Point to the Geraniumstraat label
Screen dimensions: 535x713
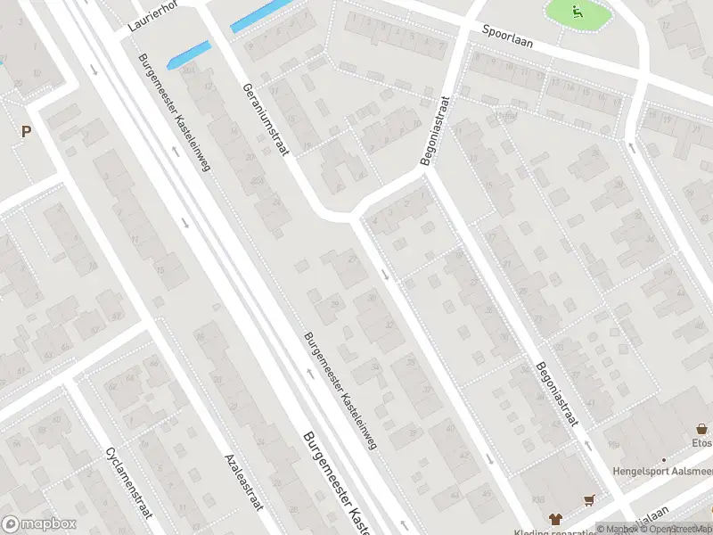[x=266, y=119]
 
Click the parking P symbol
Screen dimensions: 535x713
[x=26, y=132]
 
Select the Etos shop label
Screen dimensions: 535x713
[x=701, y=442]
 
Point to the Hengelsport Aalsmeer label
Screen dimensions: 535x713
[x=661, y=471]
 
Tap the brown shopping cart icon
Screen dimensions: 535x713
[x=588, y=500]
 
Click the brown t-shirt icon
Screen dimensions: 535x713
[x=555, y=517]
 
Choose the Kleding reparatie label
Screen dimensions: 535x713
[x=579, y=530]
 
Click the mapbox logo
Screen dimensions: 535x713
[x=39, y=524]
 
